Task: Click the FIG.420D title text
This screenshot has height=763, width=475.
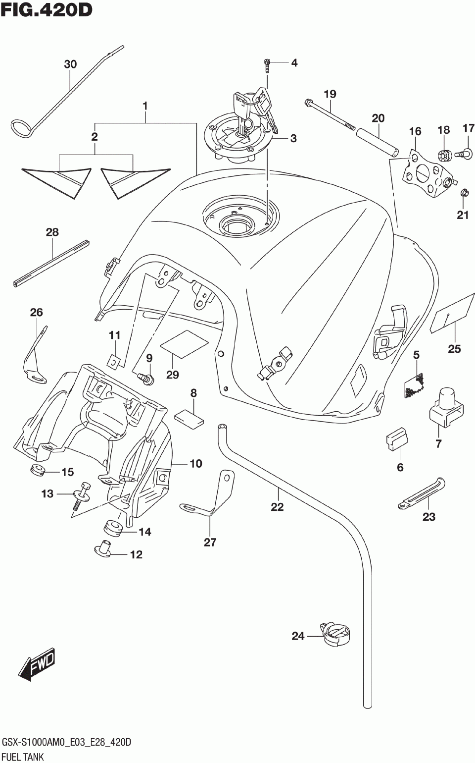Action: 47,10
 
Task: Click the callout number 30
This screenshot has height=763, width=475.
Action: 70,64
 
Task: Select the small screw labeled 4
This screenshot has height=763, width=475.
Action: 267,65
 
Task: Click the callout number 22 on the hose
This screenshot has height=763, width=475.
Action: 277,507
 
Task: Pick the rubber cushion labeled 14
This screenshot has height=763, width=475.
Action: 113,528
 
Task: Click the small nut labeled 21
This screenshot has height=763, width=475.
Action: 463,193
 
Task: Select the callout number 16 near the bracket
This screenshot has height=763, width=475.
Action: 415,131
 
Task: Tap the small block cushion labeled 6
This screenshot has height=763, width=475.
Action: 397,439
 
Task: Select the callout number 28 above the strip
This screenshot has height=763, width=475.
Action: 52,232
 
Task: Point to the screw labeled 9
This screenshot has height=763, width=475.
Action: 145,379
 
